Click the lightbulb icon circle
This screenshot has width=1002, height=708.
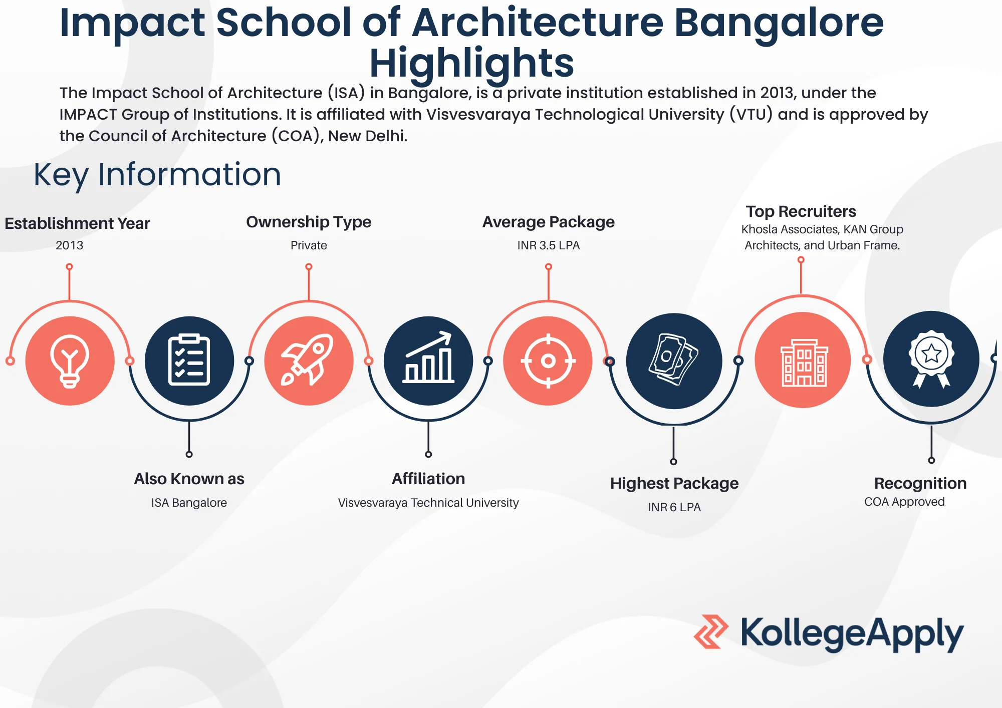pos(70,361)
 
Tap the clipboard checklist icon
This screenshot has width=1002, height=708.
pos(189,361)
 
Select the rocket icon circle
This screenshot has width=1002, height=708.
pos(309,361)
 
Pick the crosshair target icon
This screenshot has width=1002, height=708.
pos(548,361)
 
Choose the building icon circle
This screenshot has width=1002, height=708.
pos(803,360)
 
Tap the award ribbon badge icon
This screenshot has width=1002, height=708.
pos(931,359)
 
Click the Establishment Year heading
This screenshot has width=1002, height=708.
pos(77,223)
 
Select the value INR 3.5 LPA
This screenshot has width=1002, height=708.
pos(549,245)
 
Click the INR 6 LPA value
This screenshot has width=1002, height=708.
pos(674,507)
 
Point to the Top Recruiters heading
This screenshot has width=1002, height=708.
pos(801,211)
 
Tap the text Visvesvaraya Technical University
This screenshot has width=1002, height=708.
pos(428,503)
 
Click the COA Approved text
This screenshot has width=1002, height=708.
pos(904,502)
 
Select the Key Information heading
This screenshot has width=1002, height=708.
pos(157,175)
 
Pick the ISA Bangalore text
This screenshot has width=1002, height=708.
pos(189,503)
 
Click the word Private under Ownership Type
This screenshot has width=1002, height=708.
pos(309,245)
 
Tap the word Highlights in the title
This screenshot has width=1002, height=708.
pos(471,64)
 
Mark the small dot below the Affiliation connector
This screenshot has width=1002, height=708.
pos(428,455)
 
